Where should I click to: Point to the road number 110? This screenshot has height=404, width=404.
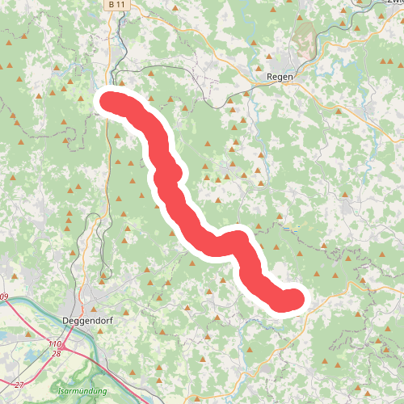point(54,343)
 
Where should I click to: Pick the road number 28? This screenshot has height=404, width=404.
point(56,354)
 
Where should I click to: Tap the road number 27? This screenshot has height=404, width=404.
point(19,384)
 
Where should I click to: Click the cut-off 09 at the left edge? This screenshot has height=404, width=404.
point(3,298)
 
